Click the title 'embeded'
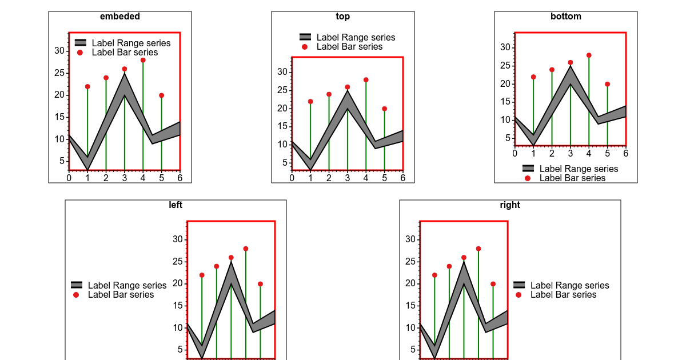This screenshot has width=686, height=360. point(120,17)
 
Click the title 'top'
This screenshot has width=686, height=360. point(343,17)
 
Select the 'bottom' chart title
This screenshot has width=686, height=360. point(566,17)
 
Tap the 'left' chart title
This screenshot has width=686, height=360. point(176,205)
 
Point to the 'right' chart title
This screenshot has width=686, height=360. point(510,205)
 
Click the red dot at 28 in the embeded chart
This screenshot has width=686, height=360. point(143,60)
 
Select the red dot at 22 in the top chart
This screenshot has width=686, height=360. point(310,101)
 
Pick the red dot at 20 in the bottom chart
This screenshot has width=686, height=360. point(607,84)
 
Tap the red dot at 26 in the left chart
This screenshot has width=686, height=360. point(231,258)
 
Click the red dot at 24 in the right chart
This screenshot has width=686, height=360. point(449,266)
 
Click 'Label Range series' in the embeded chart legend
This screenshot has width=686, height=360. point(131,43)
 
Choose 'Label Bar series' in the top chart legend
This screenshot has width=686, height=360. point(349,47)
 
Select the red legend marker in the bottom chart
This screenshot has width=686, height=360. point(528,178)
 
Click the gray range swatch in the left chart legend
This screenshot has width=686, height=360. point(77,285)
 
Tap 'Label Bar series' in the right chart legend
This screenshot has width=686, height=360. point(563,295)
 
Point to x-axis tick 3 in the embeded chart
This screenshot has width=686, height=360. point(125,177)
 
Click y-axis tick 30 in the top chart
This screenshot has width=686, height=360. point(281,71)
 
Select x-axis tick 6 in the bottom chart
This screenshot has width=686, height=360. point(626,153)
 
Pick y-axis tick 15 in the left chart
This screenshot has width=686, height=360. point(178,306)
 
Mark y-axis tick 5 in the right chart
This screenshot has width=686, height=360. point(410,350)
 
